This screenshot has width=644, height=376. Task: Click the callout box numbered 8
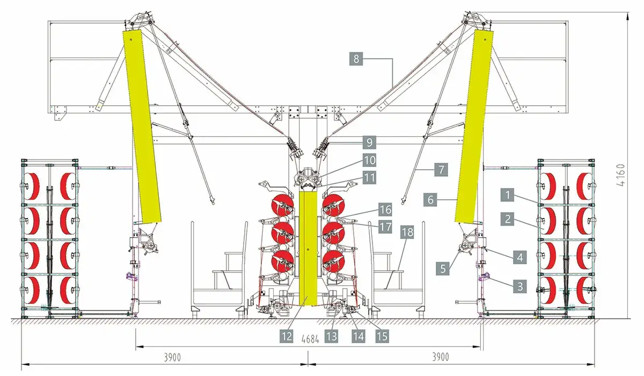tap(356, 59)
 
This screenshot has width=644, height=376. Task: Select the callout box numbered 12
tap(287, 336)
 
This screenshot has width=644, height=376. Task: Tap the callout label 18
tap(407, 232)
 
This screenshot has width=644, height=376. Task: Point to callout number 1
tap(508, 195)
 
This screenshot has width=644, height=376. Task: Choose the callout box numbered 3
tap(520, 286)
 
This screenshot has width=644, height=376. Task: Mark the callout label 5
tap(443, 269)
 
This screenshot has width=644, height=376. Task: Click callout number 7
tap(441, 170)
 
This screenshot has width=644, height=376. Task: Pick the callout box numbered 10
tap(369, 160)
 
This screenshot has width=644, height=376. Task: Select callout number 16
tap(385, 209)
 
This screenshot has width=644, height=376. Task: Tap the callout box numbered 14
tap(358, 336)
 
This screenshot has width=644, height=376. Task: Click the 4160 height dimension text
tap(621, 175)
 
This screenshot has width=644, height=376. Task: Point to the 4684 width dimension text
tap(311, 339)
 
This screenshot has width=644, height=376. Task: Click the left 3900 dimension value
tap(172, 357)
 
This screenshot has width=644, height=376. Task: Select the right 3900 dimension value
tap(441, 357)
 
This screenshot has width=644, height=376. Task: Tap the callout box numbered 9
tap(369, 142)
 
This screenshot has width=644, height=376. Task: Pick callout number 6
tap(430, 199)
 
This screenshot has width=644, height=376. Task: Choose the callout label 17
tap(385, 227)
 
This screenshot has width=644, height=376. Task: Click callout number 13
tap(331, 336)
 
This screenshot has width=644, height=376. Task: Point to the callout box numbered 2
tap(508, 219)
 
